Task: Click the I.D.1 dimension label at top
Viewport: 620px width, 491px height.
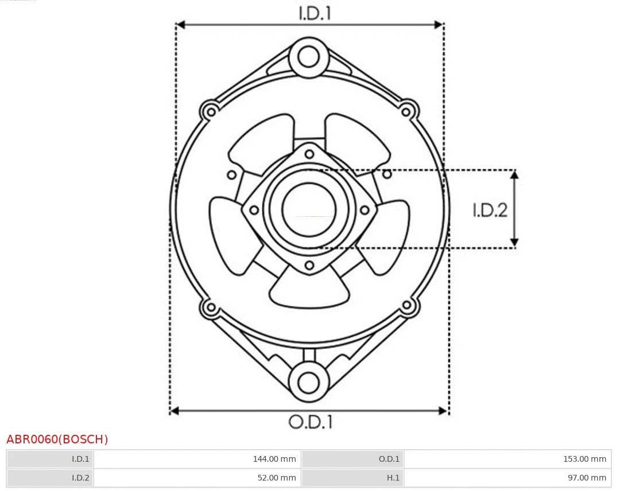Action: pyautogui.click(x=315, y=13)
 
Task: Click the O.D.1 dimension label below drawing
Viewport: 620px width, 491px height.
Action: pyautogui.click(x=311, y=422)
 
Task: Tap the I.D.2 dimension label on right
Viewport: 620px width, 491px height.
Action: pyautogui.click(x=490, y=211)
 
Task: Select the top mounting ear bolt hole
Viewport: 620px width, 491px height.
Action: pyautogui.click(x=309, y=57)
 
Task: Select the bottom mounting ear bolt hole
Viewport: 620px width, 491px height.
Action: pyautogui.click(x=309, y=382)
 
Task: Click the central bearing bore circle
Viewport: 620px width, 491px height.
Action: pyautogui.click(x=309, y=209)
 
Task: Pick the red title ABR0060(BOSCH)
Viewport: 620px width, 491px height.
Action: pyautogui.click(x=57, y=439)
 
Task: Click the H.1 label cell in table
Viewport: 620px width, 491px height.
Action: pyautogui.click(x=352, y=478)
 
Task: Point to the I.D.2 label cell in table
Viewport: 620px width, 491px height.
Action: pyautogui.click(x=50, y=478)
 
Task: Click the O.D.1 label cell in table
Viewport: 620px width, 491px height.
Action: pyautogui.click(x=352, y=459)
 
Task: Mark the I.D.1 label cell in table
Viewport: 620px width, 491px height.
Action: pyautogui.click(x=50, y=459)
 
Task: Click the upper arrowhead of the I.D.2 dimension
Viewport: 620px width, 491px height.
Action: pyautogui.click(x=514, y=175)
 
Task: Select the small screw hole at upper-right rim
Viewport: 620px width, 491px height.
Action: pyautogui.click(x=407, y=109)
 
